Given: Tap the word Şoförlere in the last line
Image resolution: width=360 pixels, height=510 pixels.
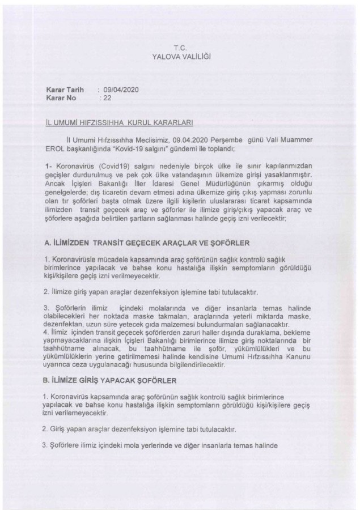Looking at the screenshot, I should point(67,445).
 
